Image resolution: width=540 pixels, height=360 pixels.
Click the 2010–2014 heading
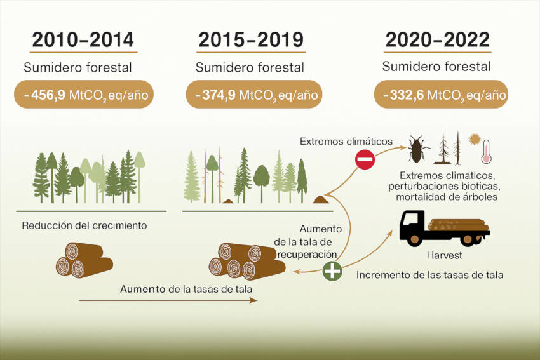pyautogui.click(x=83, y=40)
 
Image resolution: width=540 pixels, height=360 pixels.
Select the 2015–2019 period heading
pyautogui.click(x=251, y=40)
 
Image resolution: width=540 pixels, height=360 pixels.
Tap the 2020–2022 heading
pyautogui.click(x=437, y=39)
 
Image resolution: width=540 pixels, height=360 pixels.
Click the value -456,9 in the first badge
pyautogui.click(x=44, y=95)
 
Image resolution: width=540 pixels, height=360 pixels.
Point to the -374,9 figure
pyautogui.click(x=215, y=95)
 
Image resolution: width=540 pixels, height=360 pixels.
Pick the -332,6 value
pyautogui.click(x=403, y=95)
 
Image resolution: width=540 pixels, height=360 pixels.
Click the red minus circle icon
pyautogui.click(x=365, y=160)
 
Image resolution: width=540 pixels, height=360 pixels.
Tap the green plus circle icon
pyautogui.click(x=332, y=271)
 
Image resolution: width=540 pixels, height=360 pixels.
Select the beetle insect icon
pyautogui.click(x=417, y=149)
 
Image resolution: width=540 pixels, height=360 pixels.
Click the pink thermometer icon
pyautogui.click(x=486, y=152)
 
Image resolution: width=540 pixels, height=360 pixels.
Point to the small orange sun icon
pyautogui.click(x=475, y=139)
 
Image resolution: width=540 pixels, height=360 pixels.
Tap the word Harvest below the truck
pyautogui.click(x=444, y=255)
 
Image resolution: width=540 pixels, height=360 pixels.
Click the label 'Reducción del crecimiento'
pyautogui.click(x=84, y=225)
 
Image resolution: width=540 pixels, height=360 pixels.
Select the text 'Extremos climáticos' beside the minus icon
pyautogui.click(x=346, y=142)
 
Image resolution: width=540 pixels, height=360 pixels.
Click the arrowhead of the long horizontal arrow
pyautogui.click(x=254, y=300)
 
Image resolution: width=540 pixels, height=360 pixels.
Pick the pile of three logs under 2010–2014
pyautogui.click(x=84, y=260)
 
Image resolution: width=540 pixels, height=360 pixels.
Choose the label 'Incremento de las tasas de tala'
pyautogui.click(x=430, y=275)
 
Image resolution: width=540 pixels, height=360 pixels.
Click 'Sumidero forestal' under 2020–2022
pyautogui.click(x=436, y=67)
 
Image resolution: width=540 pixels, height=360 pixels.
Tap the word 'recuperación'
pyautogui.click(x=307, y=255)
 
